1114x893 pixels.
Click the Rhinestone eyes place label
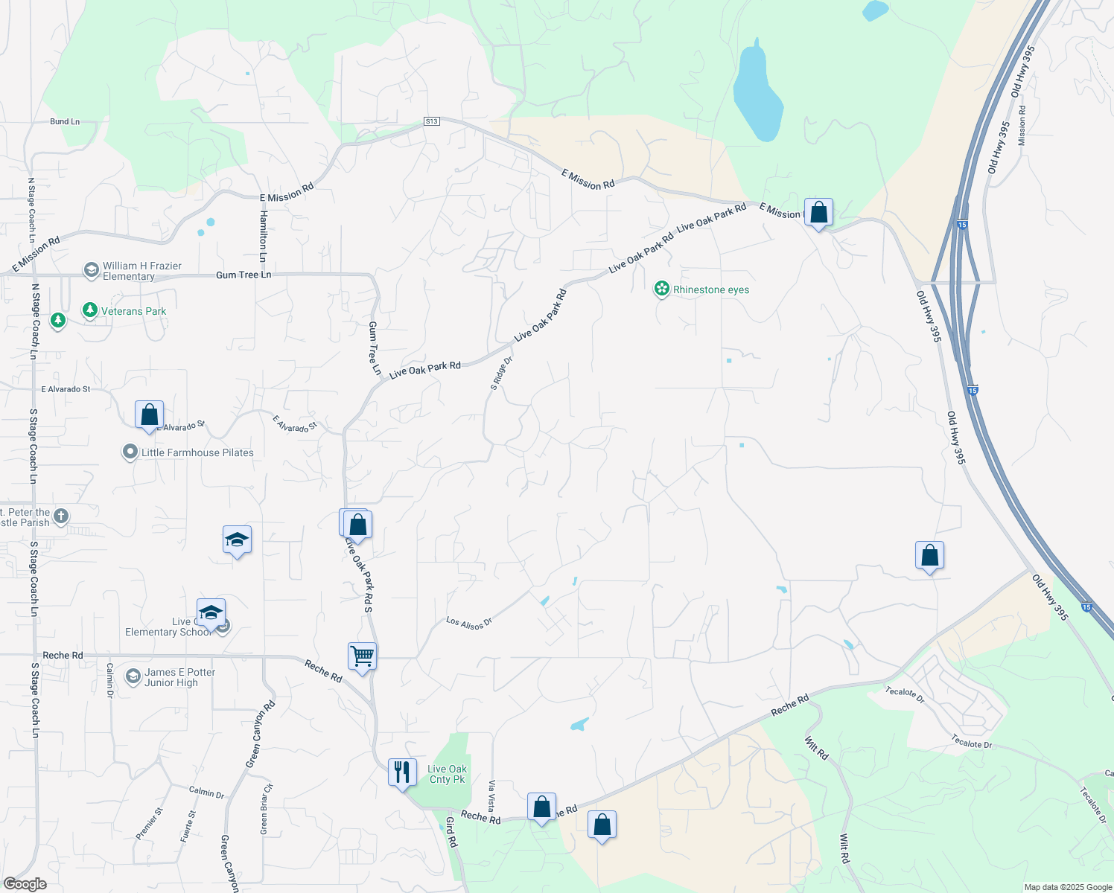[710, 289]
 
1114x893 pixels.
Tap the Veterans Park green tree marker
[90, 310]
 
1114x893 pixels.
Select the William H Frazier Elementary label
[141, 271]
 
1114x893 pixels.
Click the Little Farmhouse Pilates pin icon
[130, 452]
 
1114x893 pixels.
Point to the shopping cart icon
[362, 657]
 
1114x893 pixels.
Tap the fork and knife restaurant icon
[402, 772]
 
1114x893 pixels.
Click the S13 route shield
[432, 121]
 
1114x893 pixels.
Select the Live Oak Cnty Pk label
[447, 774]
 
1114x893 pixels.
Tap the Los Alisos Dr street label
[469, 623]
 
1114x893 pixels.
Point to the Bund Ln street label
[65, 121]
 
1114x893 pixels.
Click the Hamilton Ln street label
[263, 236]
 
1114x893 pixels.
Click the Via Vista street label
[491, 796]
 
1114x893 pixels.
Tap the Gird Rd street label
[451, 832]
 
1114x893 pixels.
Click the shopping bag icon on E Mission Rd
[818, 213]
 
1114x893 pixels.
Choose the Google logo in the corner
[25, 884]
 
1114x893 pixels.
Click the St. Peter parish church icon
[61, 516]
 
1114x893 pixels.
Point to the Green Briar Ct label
[267, 808]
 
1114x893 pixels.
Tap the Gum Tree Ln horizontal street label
[244, 275]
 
